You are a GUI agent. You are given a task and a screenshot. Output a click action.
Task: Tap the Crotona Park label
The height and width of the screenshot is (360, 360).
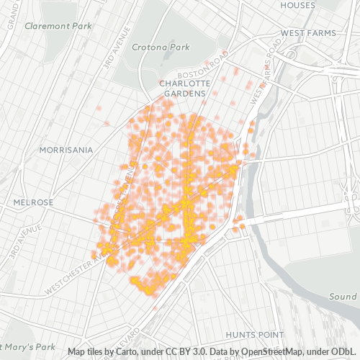[160, 47]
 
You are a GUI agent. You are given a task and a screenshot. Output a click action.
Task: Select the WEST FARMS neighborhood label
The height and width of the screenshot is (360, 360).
[310, 32]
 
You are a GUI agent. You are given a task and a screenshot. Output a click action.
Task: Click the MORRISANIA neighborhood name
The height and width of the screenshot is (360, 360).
[66, 150]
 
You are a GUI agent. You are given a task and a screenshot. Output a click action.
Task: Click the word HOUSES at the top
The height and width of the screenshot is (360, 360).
[298, 5]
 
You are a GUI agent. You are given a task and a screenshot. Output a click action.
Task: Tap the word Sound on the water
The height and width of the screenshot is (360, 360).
[343, 297]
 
